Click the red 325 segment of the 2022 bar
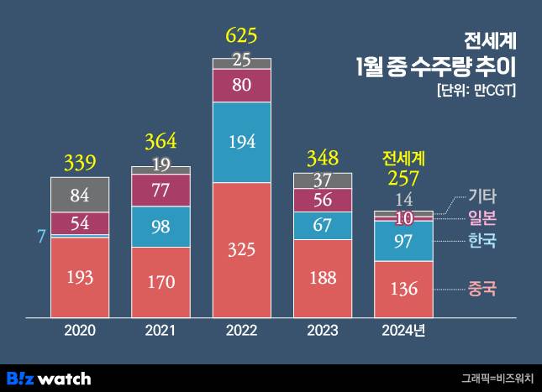(x=242, y=250)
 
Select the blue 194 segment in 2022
(x=242, y=141)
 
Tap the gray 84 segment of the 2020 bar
(x=80, y=196)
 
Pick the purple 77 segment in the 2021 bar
(x=160, y=189)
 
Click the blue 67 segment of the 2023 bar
(x=323, y=225)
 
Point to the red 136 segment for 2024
(x=403, y=289)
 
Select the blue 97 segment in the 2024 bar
(x=403, y=242)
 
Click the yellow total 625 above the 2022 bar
(x=241, y=36)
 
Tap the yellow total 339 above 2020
(x=80, y=161)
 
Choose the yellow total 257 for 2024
(x=403, y=179)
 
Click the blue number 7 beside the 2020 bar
(x=39, y=237)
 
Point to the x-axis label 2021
(x=160, y=331)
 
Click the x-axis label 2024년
(x=404, y=331)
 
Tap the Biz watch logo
(x=49, y=379)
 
